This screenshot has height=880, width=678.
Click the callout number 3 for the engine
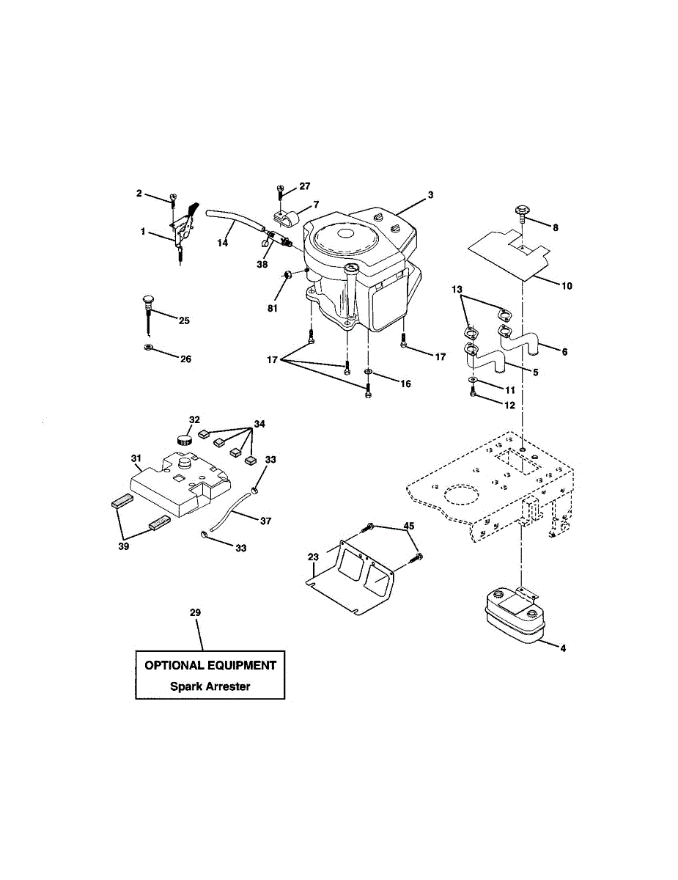point(430,195)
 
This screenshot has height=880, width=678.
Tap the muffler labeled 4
point(510,611)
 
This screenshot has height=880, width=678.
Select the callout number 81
point(273,309)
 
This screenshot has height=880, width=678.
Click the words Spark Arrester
point(210,687)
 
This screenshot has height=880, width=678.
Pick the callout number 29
point(195,612)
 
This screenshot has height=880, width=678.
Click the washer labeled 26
point(149,346)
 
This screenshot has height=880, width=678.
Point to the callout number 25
point(183,321)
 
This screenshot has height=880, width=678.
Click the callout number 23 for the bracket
point(313,557)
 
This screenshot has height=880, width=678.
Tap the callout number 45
point(409,526)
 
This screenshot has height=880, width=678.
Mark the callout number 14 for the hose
point(222,242)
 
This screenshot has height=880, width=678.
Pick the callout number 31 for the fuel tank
point(136,458)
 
